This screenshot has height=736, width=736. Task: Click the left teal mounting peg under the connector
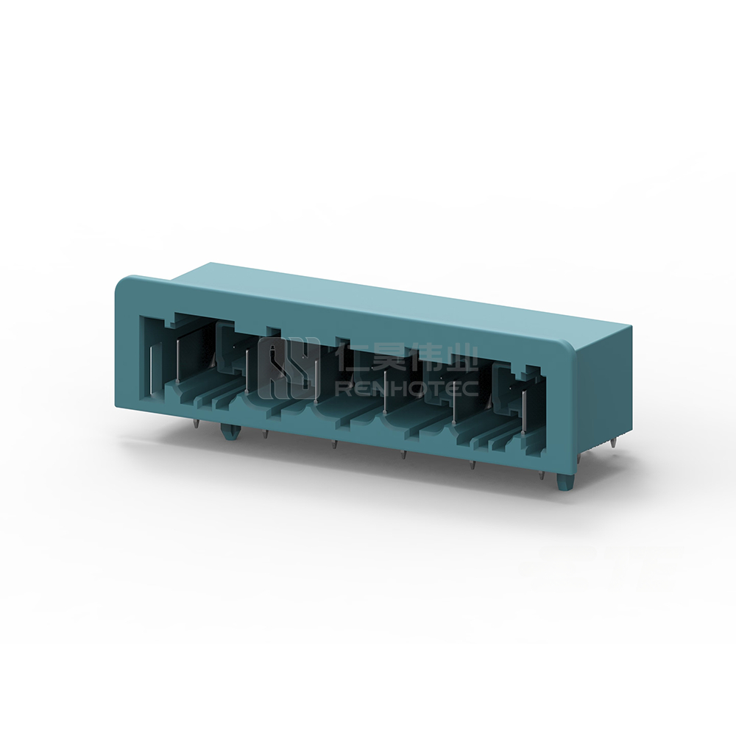(230, 433)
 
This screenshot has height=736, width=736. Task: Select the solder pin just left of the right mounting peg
(542, 475)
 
